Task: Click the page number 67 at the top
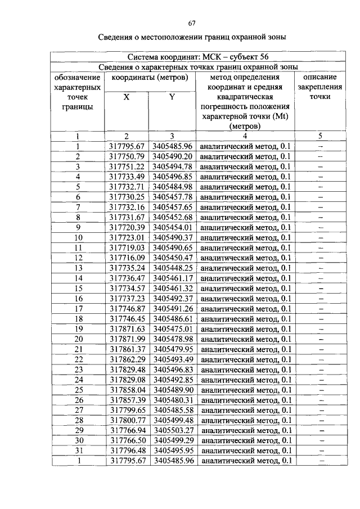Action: (191, 23)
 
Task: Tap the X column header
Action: (127, 97)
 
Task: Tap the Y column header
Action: (172, 97)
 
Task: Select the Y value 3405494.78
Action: (173, 166)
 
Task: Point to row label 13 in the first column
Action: (79, 268)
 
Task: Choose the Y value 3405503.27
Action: (173, 430)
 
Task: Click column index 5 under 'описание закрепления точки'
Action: (320, 136)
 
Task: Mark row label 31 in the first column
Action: (79, 451)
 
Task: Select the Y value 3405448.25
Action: (173, 268)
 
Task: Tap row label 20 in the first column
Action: (79, 339)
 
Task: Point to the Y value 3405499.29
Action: (173, 440)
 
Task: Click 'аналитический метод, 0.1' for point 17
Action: (246, 309)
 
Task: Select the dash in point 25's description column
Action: (321, 390)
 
